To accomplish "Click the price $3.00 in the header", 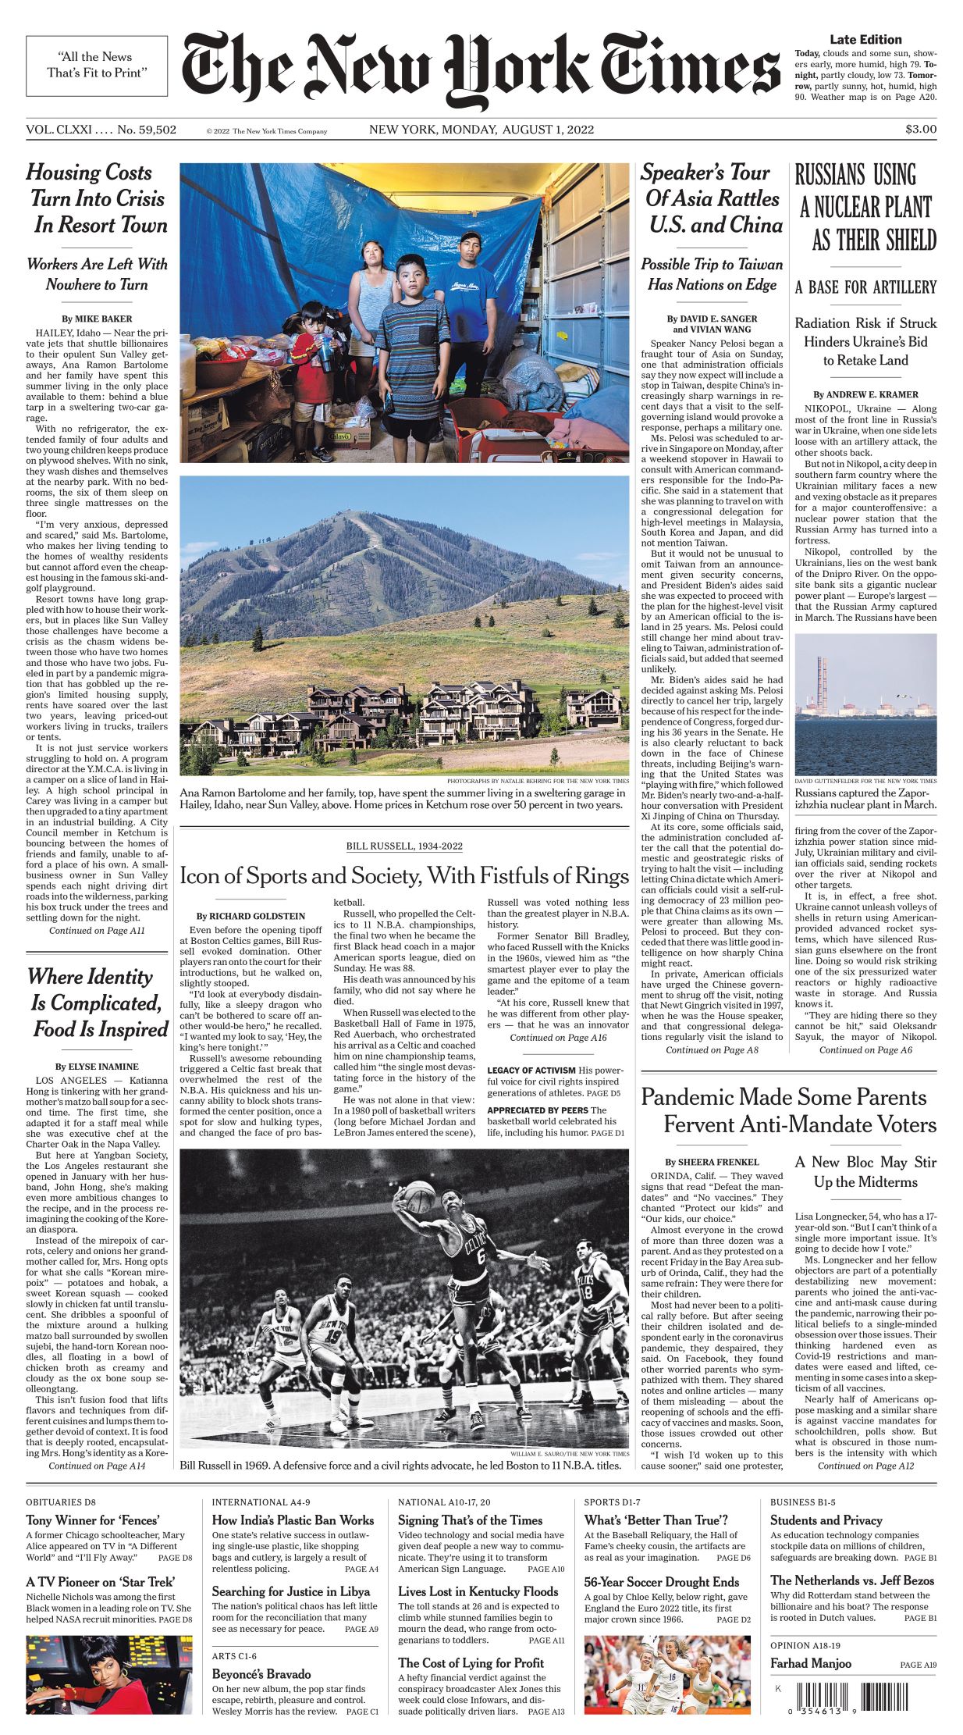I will point(921,130).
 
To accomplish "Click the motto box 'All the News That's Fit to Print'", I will point(96,66).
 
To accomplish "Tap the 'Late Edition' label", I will point(865,40).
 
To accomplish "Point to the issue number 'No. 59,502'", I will point(147,130).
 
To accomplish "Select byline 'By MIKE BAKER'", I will point(97,319).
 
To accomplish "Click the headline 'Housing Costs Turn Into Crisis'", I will point(97,186).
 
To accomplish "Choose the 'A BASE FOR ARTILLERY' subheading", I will point(865,287).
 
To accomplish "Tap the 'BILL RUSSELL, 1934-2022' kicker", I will point(404,846).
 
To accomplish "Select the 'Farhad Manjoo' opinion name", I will point(811,1663).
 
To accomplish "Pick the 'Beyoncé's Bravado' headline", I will point(261,1674).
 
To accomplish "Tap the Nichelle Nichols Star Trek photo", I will point(108,1674).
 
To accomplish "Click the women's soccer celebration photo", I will point(667,1674).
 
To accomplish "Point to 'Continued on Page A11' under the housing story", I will point(97,931).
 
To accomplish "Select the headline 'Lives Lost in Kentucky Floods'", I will point(478,1591).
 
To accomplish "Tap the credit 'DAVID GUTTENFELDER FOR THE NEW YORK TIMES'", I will point(865,781).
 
